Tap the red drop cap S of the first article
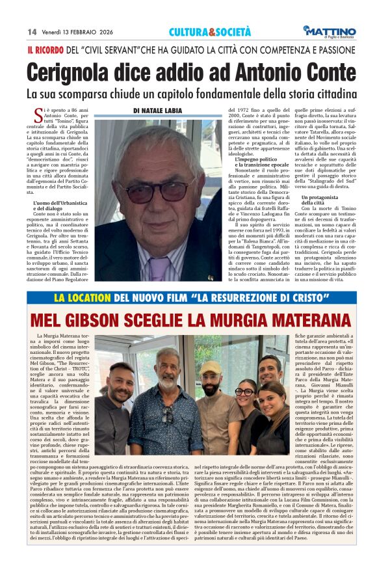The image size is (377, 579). click(x=39, y=113)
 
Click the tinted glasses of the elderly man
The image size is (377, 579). click(x=159, y=191)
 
